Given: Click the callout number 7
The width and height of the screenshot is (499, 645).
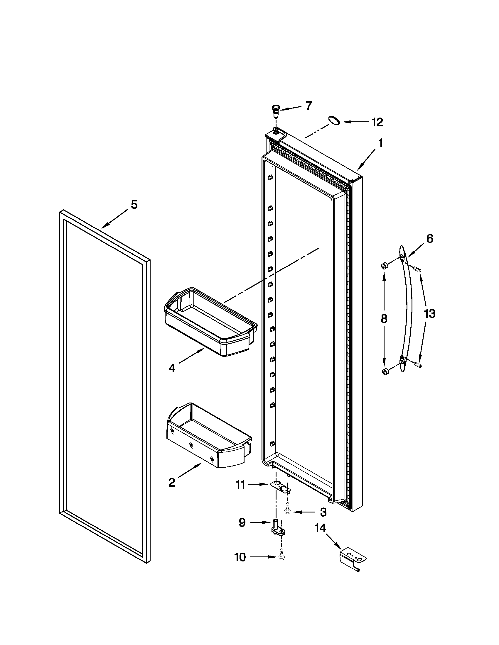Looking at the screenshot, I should pyautogui.click(x=308, y=106).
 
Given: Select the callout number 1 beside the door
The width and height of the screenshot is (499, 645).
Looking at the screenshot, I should pyautogui.click(x=380, y=144).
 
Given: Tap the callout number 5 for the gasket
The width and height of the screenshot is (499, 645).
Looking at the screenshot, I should pyautogui.click(x=134, y=205).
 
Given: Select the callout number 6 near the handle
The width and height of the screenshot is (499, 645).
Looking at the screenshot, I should pyautogui.click(x=429, y=238).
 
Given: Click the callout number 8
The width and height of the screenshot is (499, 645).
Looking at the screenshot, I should pyautogui.click(x=384, y=319).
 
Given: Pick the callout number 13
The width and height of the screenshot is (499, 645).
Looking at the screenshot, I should pyautogui.click(x=429, y=313).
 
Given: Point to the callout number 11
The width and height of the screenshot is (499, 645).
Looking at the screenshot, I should pyautogui.click(x=240, y=485).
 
